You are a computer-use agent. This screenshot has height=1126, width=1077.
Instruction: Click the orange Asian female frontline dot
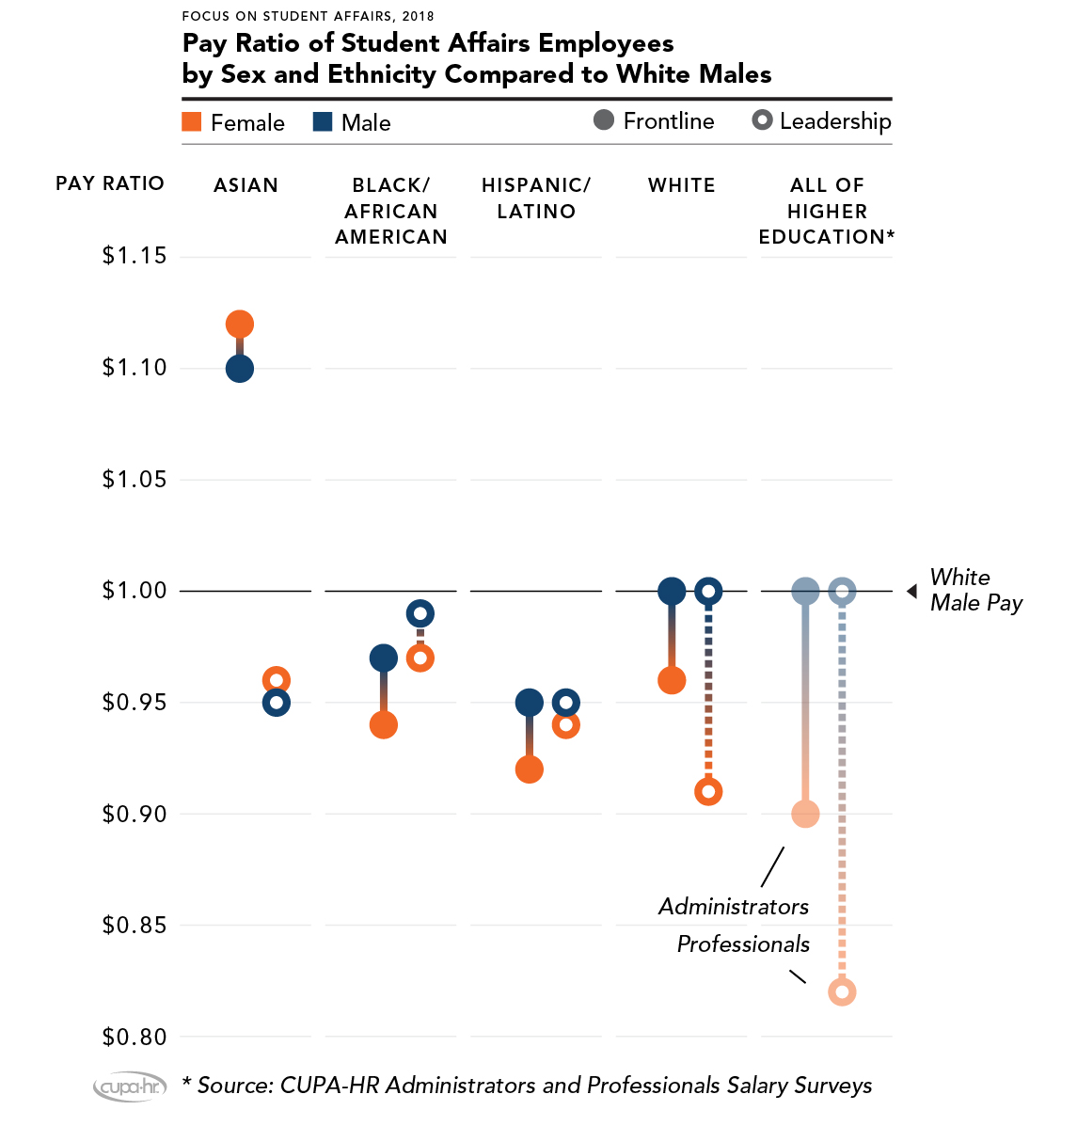(240, 325)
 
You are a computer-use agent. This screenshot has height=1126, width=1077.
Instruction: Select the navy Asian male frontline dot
(240, 369)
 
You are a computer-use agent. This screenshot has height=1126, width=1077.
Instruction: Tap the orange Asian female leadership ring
(276, 680)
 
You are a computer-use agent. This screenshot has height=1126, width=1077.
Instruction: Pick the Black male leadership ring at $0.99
(420, 614)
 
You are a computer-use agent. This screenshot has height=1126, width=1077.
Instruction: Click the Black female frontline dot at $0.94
(383, 725)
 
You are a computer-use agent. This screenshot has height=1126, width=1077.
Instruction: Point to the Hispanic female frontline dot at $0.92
(530, 769)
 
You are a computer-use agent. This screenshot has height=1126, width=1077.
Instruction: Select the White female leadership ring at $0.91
(708, 792)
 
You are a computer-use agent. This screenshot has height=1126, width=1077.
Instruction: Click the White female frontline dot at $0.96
(672, 680)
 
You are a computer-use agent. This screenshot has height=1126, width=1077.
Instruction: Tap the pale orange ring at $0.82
(842, 992)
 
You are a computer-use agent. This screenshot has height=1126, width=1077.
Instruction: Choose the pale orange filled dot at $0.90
(805, 814)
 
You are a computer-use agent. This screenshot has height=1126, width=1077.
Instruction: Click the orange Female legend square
(192, 122)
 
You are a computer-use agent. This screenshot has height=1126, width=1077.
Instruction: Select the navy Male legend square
(323, 122)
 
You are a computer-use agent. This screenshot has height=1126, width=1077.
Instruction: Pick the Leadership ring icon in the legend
(763, 120)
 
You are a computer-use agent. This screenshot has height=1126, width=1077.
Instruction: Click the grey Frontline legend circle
(604, 120)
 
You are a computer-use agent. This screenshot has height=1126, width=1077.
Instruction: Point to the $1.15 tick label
(135, 256)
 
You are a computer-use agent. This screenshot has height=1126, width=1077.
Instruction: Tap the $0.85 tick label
(135, 926)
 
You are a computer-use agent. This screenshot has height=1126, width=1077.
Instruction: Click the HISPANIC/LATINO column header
(536, 198)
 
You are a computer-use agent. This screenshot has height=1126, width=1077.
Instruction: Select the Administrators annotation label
(734, 907)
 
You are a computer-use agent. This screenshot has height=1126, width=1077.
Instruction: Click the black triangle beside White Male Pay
(911, 591)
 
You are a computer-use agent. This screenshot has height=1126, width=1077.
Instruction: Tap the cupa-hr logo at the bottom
(130, 1087)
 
